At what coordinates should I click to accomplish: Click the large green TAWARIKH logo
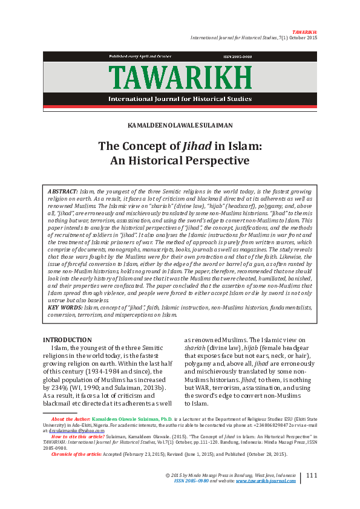(x=180, y=78)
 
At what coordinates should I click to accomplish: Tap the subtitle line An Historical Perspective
(x=180, y=161)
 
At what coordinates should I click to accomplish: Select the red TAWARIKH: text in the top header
(x=304, y=31)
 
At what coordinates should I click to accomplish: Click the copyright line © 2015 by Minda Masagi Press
(x=231, y=476)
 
